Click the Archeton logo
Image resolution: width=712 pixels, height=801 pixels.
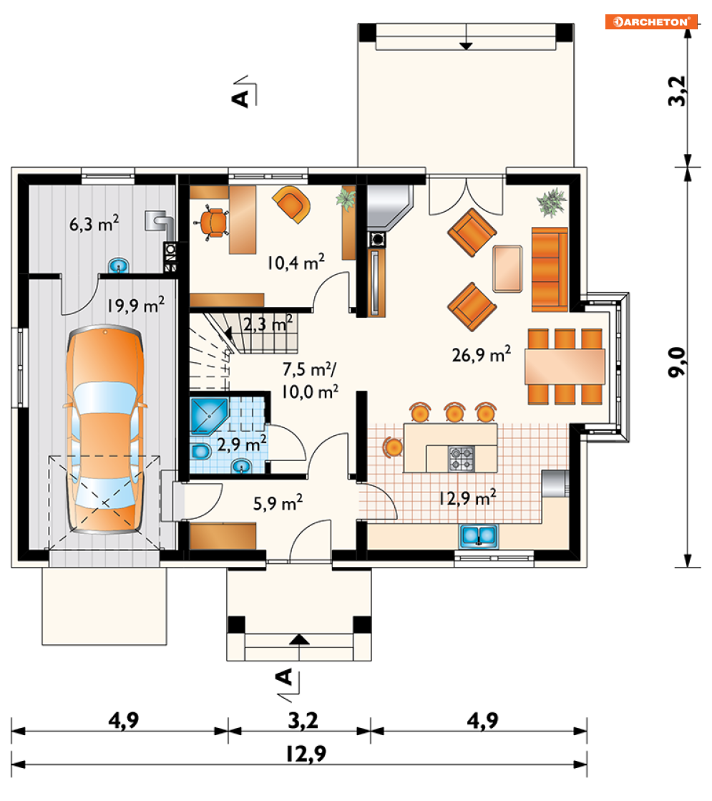pos(651,22)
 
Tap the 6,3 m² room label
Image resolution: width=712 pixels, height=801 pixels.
pos(94,223)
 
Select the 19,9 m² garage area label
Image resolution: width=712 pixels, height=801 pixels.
pos(136,305)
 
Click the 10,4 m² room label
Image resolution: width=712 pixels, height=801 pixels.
pos(296,262)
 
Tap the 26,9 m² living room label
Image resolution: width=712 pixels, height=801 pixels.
pos(481,354)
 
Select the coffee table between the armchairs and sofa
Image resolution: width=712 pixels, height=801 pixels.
pos(507,268)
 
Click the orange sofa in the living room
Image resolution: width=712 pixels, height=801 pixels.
pos(550,269)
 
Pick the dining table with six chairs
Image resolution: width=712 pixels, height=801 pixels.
pos(565,366)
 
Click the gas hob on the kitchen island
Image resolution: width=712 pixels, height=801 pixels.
pos(462,458)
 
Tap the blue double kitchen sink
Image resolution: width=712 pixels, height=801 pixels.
pos(479,536)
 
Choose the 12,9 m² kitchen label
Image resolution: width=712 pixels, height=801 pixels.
pos(467,497)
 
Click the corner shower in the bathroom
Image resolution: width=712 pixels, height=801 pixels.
pos(208,414)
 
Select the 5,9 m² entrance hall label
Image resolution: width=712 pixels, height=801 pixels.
pos(278,503)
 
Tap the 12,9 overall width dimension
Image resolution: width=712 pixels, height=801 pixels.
pos(306,754)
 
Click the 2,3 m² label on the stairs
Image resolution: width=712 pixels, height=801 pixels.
pos(268,324)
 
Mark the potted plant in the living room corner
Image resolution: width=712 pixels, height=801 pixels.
pos(552,203)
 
